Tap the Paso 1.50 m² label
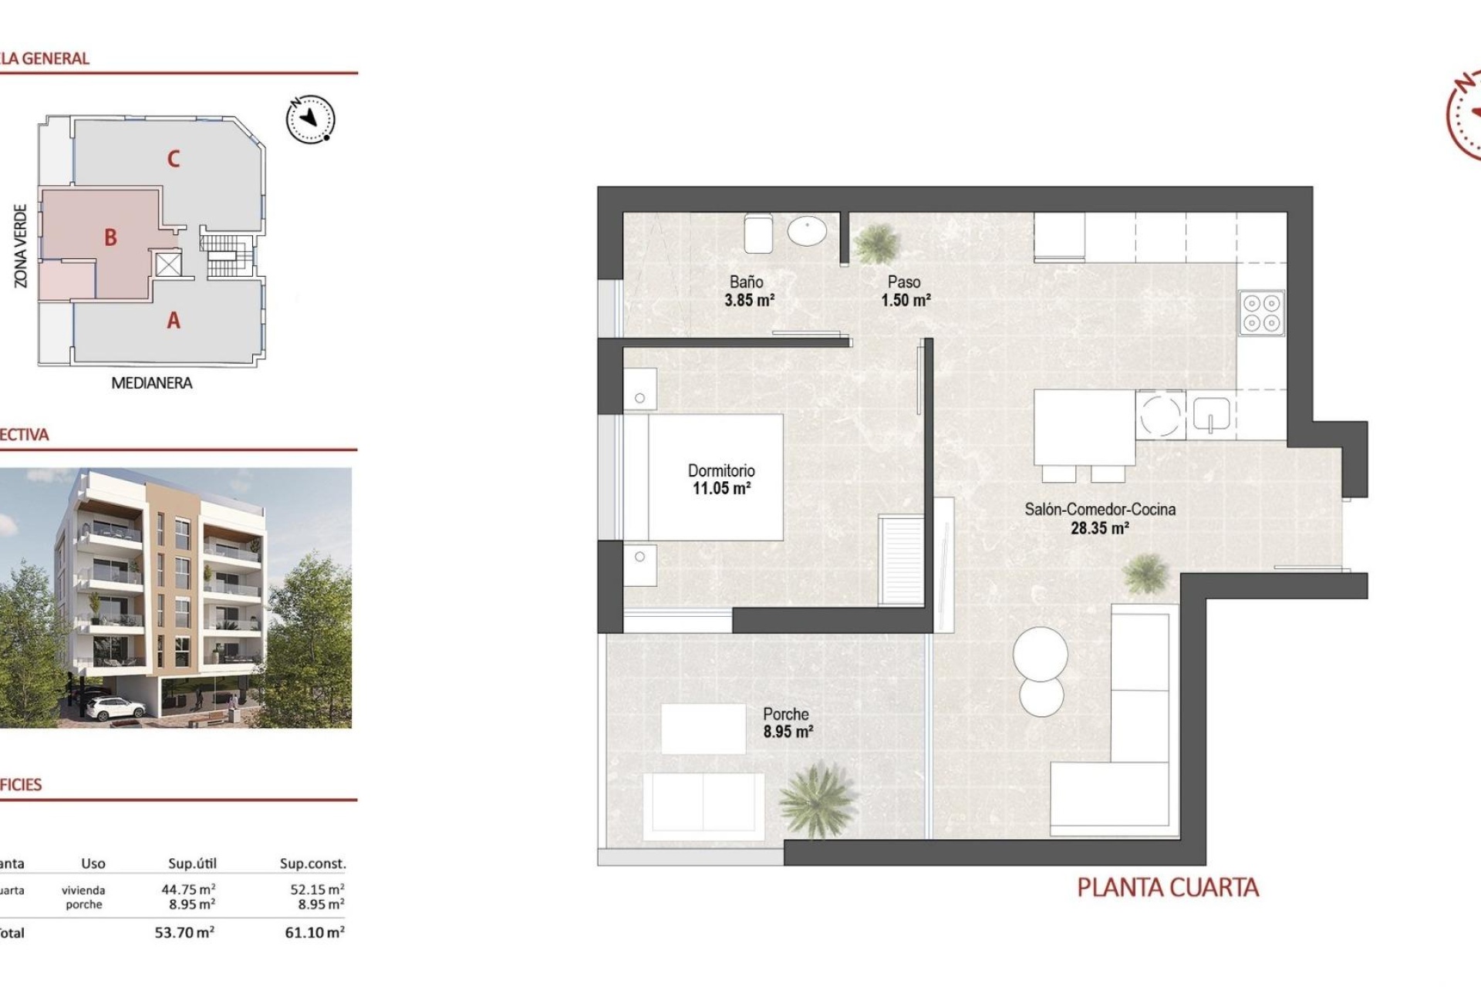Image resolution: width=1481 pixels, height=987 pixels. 905,291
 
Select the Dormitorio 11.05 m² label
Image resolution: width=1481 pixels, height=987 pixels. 721,479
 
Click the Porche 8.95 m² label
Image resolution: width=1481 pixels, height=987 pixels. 787,723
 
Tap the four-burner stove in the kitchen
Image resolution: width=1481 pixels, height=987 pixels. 1261,312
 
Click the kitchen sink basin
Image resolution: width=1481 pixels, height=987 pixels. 1211,414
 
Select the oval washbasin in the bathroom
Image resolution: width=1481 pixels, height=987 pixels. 807,230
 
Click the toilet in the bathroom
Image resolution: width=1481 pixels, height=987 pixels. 758,233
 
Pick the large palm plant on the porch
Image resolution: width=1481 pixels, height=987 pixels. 817,798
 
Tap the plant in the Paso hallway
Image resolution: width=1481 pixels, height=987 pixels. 877,243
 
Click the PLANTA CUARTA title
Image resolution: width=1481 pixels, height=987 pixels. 1167,888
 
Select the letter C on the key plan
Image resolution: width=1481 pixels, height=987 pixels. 174,159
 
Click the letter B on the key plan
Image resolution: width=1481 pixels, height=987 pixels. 111,237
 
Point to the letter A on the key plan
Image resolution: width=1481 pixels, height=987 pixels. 174,320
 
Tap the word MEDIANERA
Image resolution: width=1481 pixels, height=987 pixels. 152,383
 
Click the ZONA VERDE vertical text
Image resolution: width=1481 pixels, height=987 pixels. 21,246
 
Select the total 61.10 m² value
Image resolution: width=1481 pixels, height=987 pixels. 314,933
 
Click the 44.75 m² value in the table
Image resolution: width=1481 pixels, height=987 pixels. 187,890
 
